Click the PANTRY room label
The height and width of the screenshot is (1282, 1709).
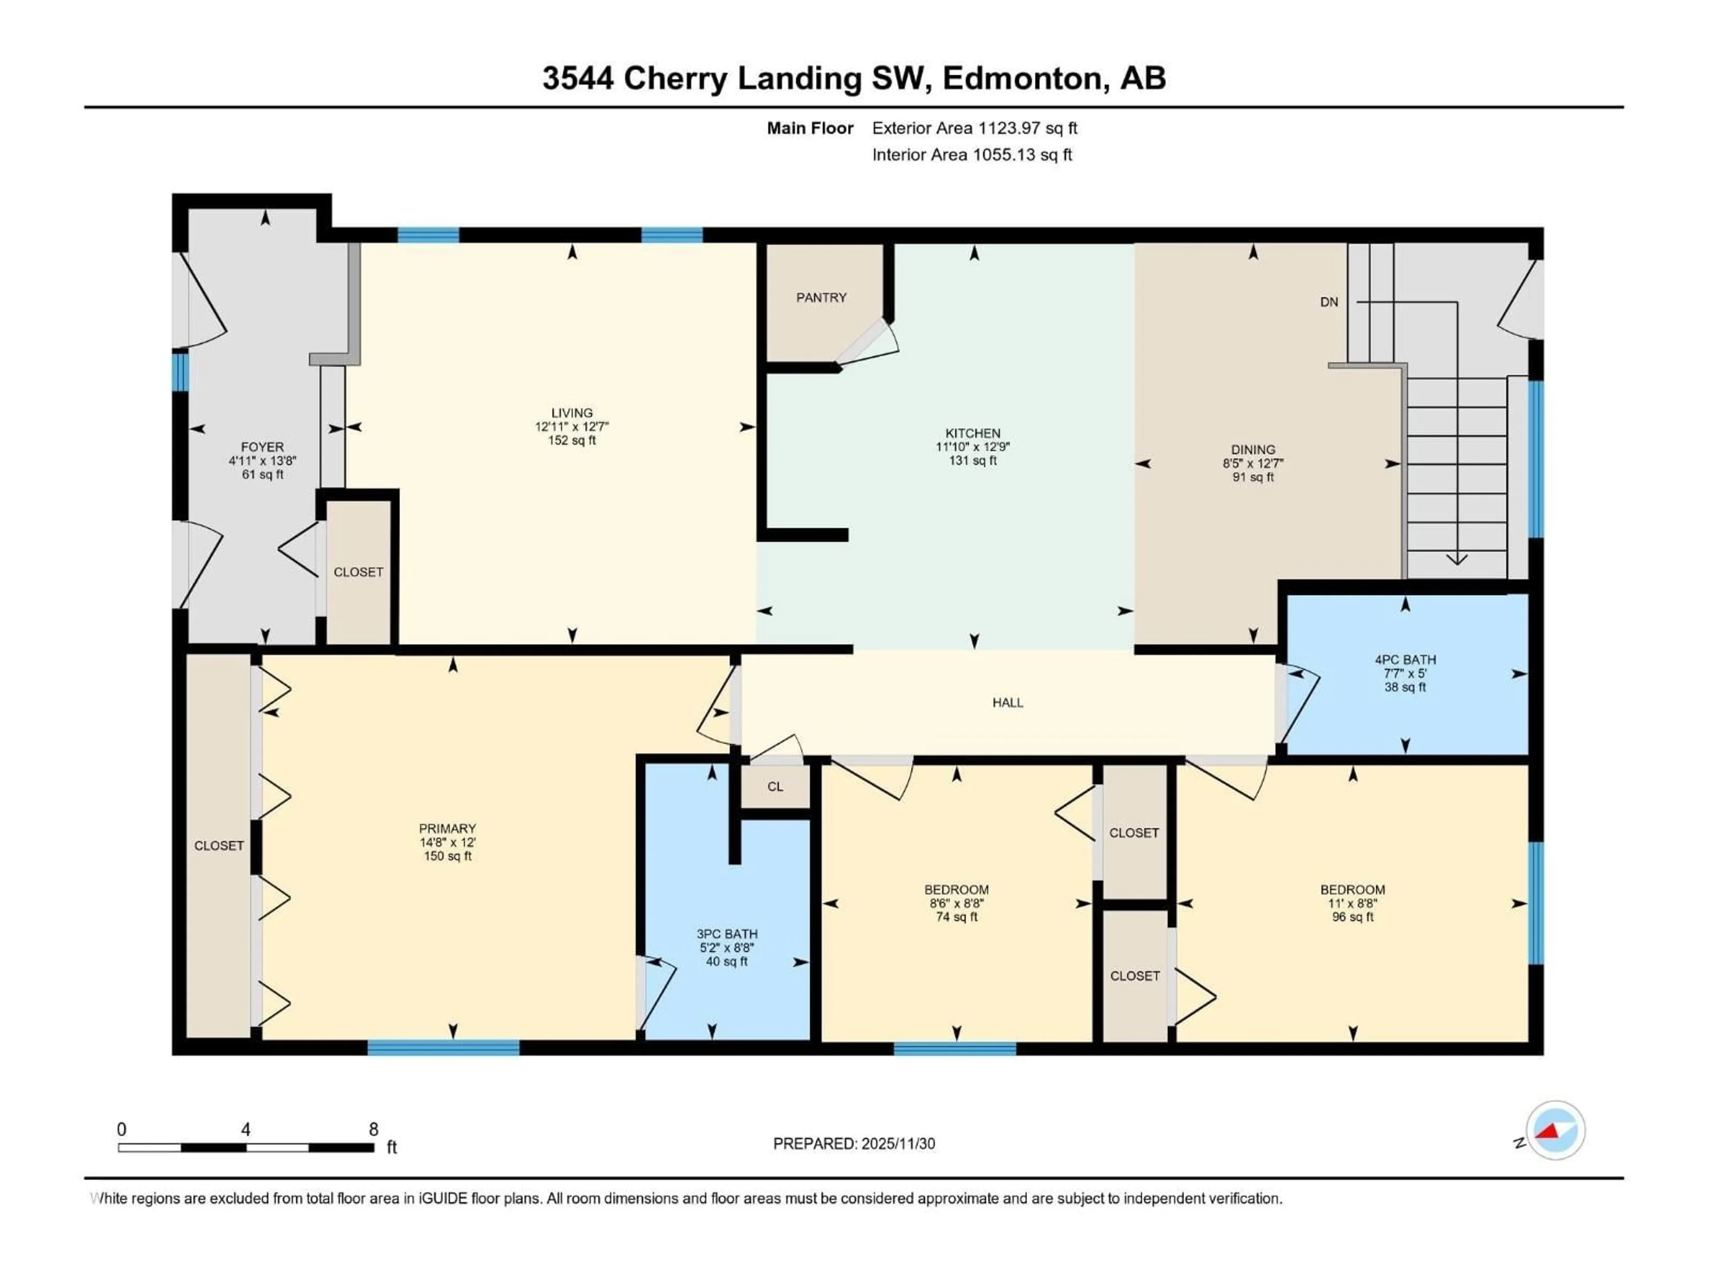click(x=821, y=297)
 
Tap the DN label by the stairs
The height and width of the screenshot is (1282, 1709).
click(x=1329, y=302)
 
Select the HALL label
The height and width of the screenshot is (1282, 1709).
click(x=1008, y=702)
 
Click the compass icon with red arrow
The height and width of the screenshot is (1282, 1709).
click(x=1555, y=1131)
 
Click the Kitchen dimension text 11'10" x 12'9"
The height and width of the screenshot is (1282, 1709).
click(x=973, y=446)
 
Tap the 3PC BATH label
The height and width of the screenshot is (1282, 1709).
click(x=726, y=933)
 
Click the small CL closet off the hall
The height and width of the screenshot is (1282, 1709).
click(x=775, y=787)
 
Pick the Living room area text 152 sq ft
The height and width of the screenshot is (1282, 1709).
click(x=572, y=441)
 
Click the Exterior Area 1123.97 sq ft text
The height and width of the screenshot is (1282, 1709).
click(x=974, y=128)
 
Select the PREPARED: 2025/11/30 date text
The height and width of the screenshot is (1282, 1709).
click(x=854, y=1144)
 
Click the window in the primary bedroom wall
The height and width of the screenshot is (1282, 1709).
click(x=443, y=1048)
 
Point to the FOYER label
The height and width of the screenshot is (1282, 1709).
click(x=262, y=446)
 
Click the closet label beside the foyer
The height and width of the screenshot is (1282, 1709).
click(x=358, y=572)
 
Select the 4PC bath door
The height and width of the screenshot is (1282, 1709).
click(x=1298, y=702)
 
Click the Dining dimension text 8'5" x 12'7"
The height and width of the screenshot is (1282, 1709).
click(x=1252, y=464)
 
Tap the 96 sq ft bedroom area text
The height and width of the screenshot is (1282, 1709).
click(x=1352, y=917)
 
